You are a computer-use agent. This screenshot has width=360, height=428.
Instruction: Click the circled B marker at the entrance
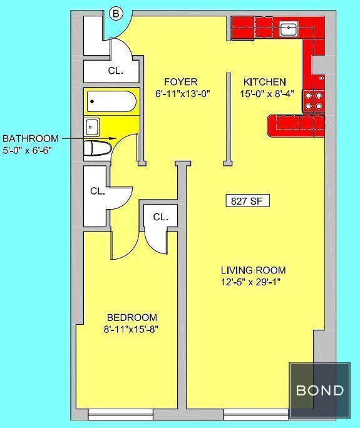coord(116,14)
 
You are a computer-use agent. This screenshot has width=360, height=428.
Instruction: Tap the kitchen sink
coord(289,29)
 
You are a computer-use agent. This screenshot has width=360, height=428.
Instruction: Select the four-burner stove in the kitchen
coord(314,101)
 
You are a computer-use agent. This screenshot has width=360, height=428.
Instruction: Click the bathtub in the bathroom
coord(111,101)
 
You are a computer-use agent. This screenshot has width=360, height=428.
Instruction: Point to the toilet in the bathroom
coord(98,148)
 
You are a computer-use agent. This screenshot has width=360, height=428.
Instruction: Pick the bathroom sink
coord(92,127)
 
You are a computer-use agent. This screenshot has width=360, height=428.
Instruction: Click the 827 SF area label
coord(247,201)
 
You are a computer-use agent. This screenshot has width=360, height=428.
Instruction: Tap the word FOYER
coord(181,82)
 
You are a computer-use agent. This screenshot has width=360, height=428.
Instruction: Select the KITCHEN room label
coord(265,82)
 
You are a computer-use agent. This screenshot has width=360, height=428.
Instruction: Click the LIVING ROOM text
coord(253,270)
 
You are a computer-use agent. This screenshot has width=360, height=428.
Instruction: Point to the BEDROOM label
coord(132,317)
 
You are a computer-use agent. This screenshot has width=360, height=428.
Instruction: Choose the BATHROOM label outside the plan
coord(31,138)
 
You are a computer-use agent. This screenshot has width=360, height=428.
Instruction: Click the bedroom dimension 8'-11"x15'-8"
coord(131,330)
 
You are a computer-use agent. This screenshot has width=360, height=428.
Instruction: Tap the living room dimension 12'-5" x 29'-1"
coord(251,282)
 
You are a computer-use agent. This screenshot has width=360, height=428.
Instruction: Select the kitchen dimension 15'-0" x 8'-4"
coord(267,94)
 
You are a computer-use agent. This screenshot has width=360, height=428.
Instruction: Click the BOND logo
coord(319,390)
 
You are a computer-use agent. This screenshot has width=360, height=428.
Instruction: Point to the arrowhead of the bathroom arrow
coord(113,138)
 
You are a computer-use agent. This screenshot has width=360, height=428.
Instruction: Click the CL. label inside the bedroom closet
coord(161,217)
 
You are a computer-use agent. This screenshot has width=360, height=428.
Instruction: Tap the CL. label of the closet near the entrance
coord(116,71)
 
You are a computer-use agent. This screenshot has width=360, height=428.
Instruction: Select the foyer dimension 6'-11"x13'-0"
coord(182,94)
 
